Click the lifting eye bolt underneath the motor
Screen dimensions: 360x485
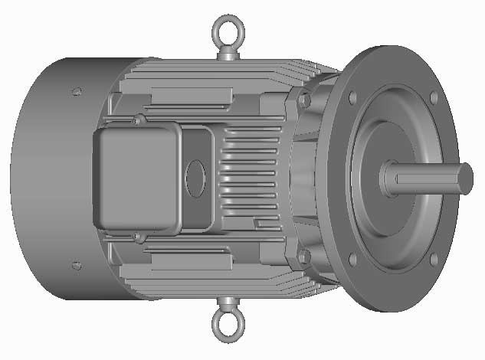(227, 326)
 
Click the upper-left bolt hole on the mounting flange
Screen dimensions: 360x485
(352, 98)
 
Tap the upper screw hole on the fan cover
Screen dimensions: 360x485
(76, 92)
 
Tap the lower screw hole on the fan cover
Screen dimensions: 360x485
(76, 266)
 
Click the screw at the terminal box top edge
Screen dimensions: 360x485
(138, 119)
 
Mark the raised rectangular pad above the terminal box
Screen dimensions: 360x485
(192, 97)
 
